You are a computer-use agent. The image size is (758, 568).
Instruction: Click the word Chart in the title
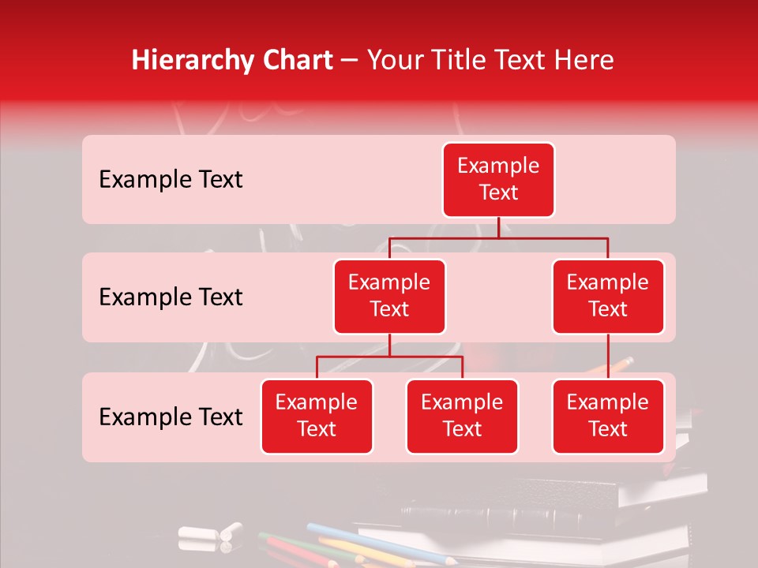tap(295, 61)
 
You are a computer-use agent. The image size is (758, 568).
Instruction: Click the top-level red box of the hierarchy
tap(498, 180)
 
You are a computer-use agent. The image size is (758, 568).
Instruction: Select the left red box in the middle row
tap(389, 297)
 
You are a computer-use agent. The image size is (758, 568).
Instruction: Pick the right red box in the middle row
tap(608, 297)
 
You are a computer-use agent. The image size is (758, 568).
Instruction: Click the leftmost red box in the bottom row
tap(317, 417)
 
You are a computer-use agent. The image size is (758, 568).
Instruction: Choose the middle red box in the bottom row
tap(462, 417)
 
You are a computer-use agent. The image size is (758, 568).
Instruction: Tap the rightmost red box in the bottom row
tap(608, 417)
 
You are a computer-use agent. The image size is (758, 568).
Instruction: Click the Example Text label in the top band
tap(171, 180)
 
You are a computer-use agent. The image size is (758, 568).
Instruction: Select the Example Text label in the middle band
tap(171, 297)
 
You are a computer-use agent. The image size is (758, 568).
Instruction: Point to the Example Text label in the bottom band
tap(171, 417)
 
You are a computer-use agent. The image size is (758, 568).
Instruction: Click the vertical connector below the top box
tap(498, 227)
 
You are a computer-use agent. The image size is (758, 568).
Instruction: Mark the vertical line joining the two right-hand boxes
tap(608, 357)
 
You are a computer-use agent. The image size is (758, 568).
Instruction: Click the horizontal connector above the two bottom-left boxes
tap(355, 357)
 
